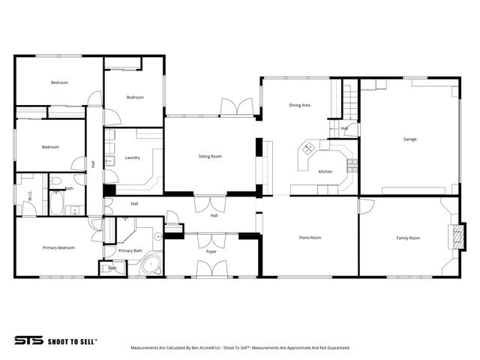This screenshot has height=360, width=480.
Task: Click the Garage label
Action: coord(409,139)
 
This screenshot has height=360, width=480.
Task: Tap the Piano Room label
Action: coord(310,238)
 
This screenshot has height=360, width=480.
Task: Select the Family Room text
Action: coord(408,238)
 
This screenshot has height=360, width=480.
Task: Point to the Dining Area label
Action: coord(299,105)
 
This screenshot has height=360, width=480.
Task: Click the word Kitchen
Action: coord(325,172)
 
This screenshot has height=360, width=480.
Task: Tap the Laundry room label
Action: coord(132,158)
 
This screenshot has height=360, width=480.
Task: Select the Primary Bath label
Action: coord(130,250)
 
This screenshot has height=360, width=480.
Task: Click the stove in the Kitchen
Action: coord(352,164)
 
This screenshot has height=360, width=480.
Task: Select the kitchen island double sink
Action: coord(307,148)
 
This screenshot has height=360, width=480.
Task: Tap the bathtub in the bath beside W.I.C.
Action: coord(57,203)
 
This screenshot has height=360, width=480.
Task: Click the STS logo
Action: coord(28,340)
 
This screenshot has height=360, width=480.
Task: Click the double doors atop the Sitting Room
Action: coord(237,108)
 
